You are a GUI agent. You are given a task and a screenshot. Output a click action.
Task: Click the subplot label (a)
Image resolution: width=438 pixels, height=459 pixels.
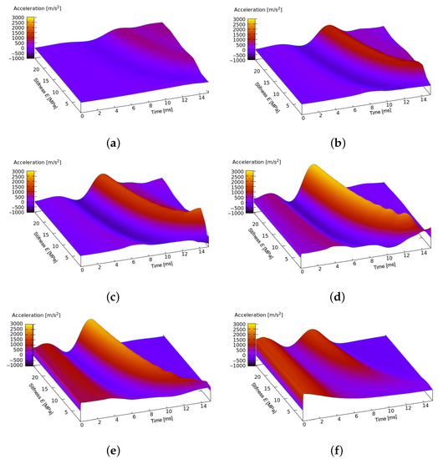pos(109,143)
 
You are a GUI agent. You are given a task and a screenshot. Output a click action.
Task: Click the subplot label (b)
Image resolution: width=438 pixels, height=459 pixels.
pos(329,143)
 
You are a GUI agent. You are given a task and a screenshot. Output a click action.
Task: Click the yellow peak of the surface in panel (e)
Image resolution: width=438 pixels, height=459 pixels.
pos(90,322)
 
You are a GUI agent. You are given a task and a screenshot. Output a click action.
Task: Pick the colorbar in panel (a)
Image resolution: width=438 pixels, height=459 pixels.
pos(30,36)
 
